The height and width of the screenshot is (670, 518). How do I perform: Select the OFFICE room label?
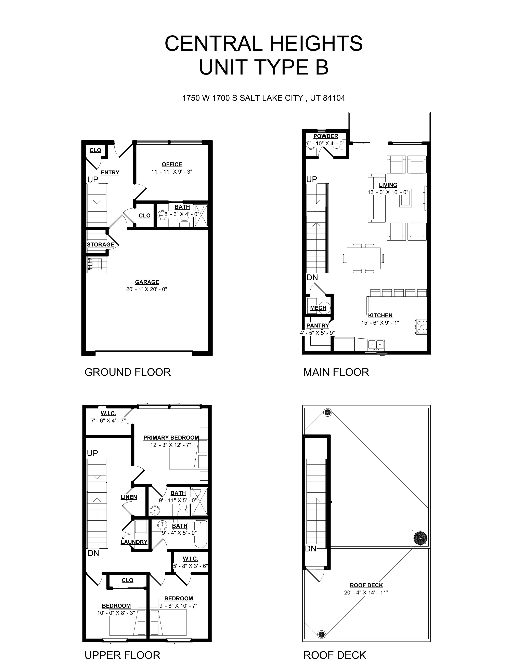[x=172, y=164]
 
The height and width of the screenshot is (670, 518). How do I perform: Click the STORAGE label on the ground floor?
[x=100, y=244]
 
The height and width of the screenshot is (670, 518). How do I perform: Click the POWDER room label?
[x=326, y=136]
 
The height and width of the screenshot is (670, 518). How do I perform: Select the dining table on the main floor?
[x=363, y=258]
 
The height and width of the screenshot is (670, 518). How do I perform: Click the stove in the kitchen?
[x=421, y=327]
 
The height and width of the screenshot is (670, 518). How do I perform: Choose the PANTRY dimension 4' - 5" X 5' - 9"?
[x=317, y=333]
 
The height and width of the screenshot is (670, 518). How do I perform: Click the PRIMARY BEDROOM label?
[x=171, y=438]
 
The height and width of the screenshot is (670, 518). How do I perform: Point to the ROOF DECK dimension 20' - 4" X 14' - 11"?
[x=366, y=593]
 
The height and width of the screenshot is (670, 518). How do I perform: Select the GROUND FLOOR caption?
[x=128, y=372]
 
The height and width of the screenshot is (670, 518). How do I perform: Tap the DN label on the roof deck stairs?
[x=311, y=549]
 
